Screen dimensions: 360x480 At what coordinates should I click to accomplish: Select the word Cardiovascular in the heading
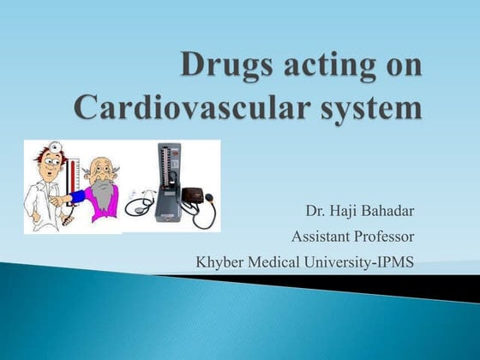pyautogui.click(x=198, y=109)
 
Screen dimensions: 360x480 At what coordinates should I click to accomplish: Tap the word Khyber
pyautogui.click(x=219, y=261)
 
